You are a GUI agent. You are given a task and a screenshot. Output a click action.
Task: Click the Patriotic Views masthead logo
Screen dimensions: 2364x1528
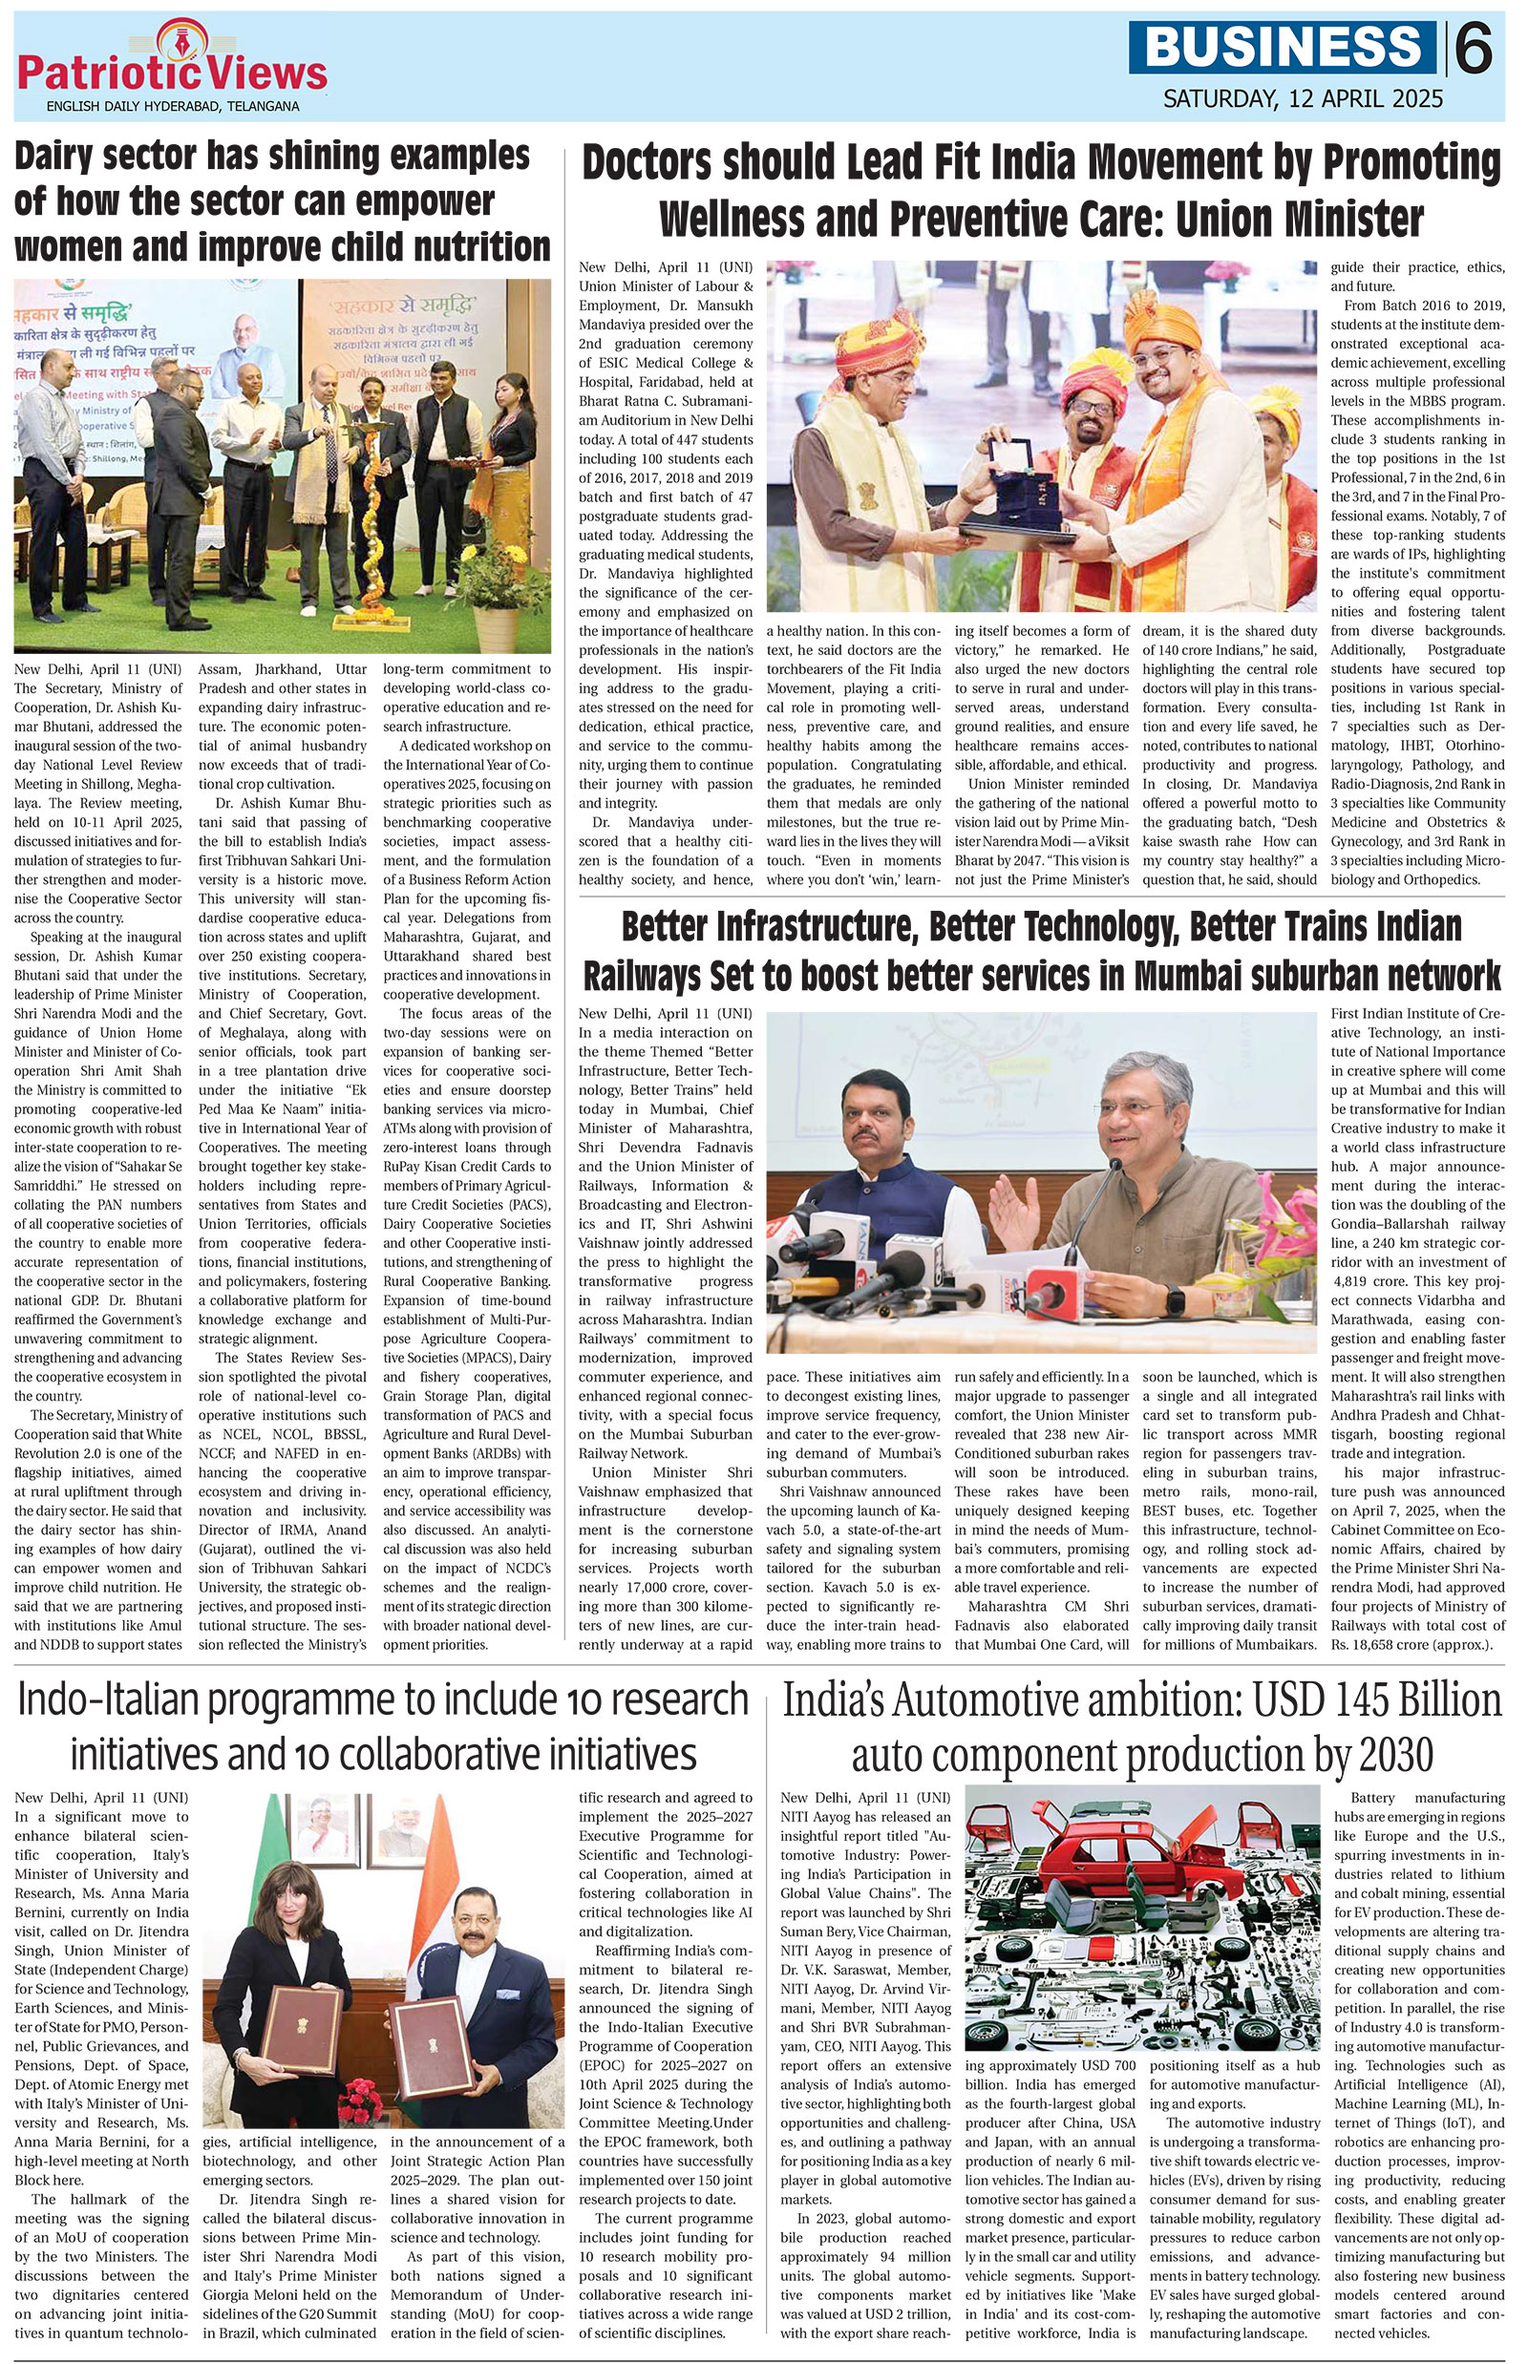[171, 68]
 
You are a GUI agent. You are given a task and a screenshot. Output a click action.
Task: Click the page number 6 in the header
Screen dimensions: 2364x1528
[1475, 48]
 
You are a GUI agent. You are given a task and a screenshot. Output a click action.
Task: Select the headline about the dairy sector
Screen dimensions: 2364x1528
[282, 201]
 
